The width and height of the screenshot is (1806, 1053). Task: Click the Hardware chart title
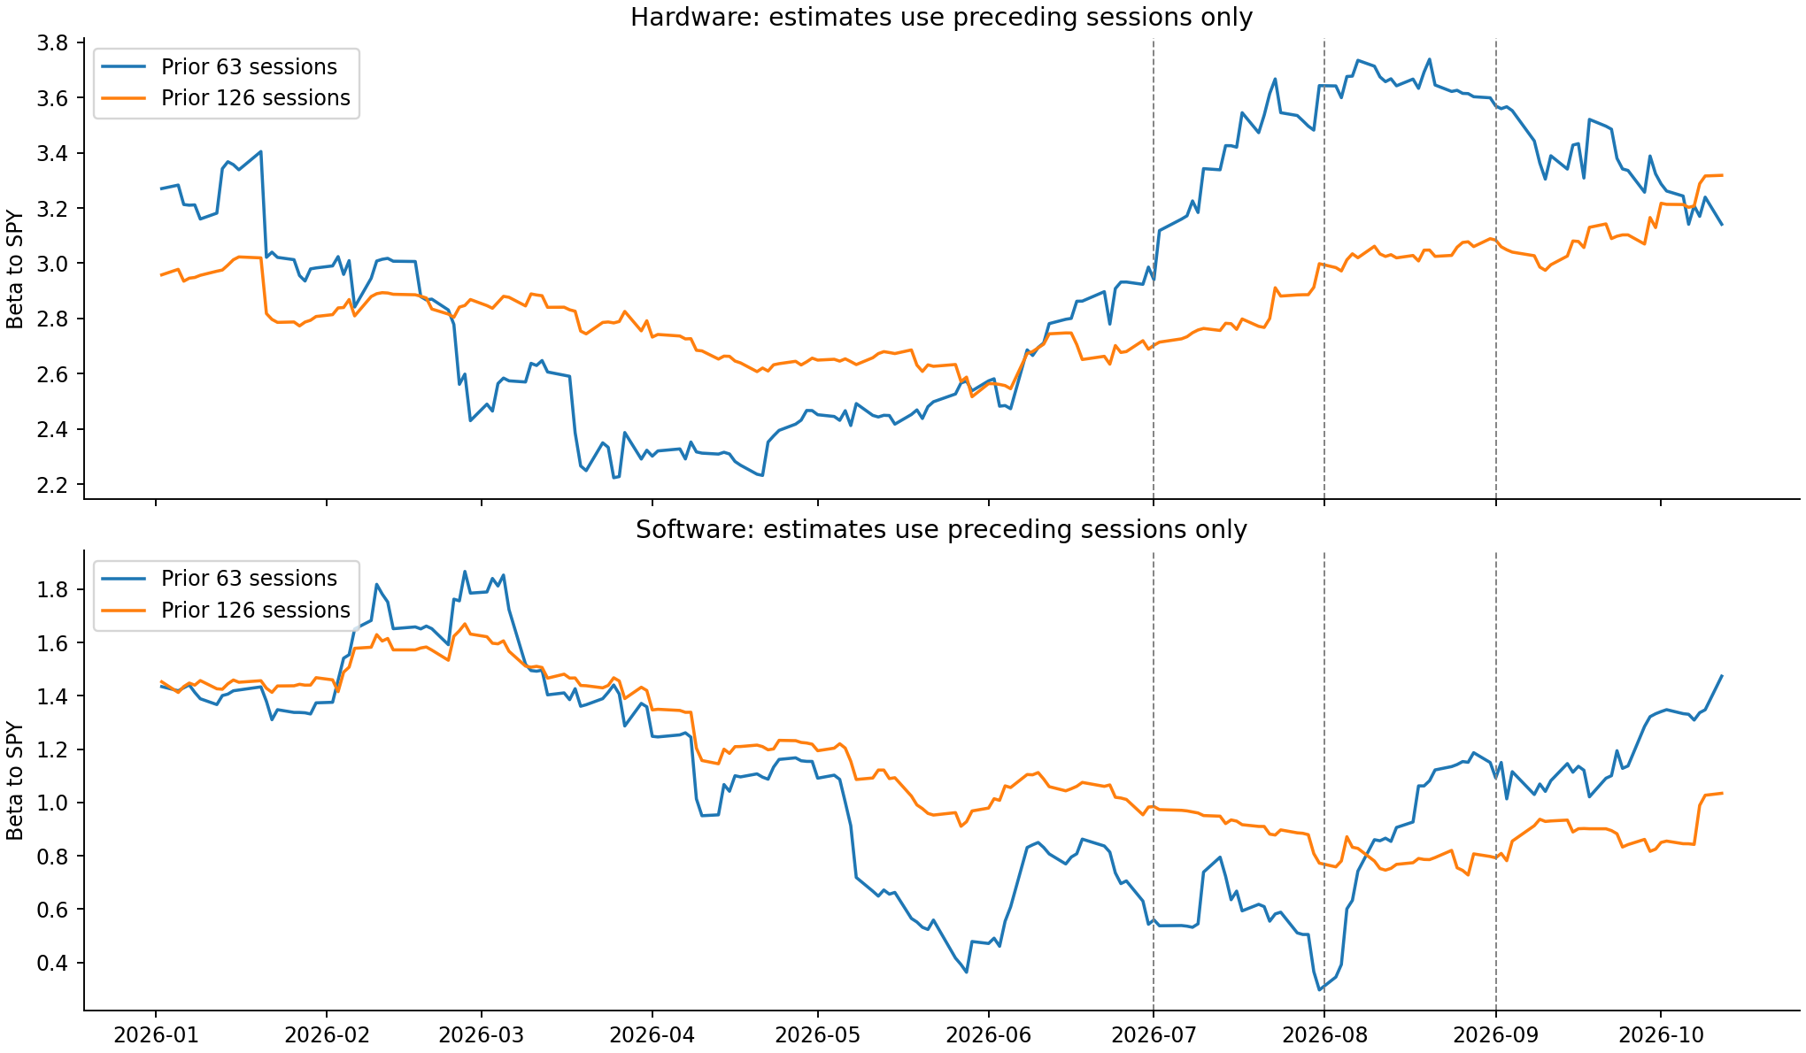(x=941, y=18)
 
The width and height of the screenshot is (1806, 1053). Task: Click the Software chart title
(x=941, y=529)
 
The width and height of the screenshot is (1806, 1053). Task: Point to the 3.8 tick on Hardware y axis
(x=54, y=42)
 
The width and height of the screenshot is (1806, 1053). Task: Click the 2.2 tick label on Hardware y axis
(x=54, y=485)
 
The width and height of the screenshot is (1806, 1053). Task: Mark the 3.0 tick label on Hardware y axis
(x=54, y=264)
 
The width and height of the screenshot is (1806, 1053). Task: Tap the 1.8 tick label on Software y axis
(x=54, y=589)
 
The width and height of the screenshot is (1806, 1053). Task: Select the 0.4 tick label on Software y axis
(x=54, y=963)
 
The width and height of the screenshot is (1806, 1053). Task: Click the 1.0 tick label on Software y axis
(x=54, y=803)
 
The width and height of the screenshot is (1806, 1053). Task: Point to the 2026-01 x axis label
(x=156, y=1034)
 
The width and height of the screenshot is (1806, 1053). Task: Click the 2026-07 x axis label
(x=1154, y=1034)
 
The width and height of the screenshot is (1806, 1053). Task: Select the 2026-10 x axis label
(x=1660, y=1034)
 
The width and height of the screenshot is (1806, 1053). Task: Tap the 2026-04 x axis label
(x=652, y=1034)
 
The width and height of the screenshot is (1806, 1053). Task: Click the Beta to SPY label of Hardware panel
(x=15, y=269)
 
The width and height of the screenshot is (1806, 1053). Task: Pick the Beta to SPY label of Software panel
(x=15, y=781)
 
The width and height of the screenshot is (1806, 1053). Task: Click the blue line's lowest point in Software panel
(x=1319, y=990)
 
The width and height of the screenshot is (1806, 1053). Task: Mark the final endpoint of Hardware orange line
(x=1722, y=175)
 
